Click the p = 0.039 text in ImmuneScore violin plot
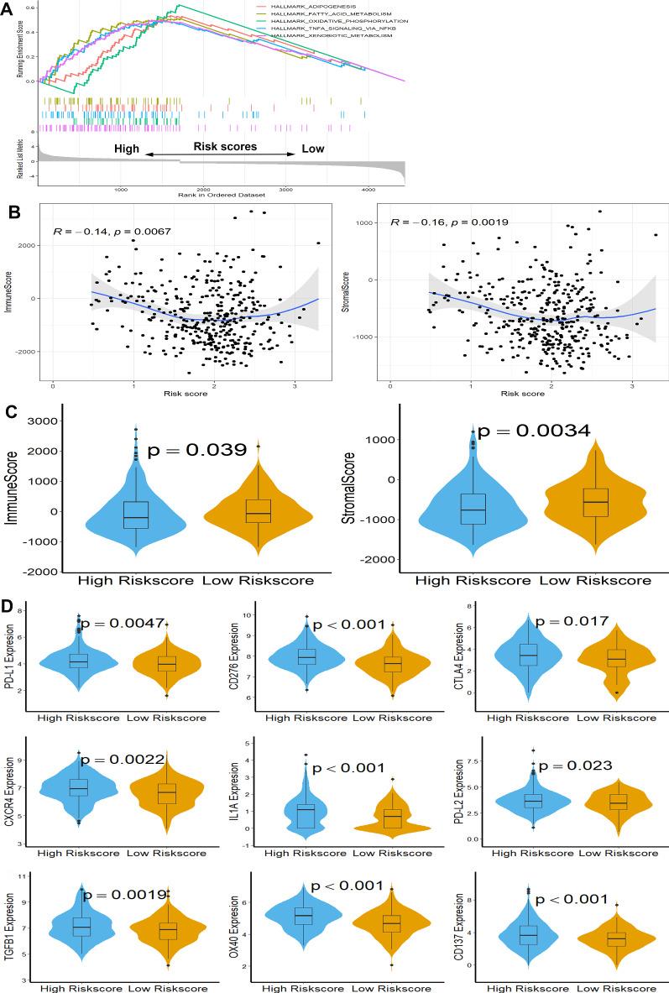point(196,451)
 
